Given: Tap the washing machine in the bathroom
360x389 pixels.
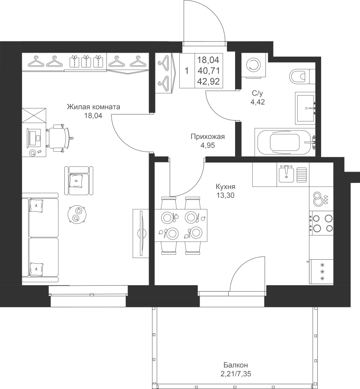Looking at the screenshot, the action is (253, 65).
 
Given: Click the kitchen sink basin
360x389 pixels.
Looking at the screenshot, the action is (286, 174).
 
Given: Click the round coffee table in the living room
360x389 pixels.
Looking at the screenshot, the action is (77, 214).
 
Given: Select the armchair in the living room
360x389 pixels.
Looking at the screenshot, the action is (79, 181).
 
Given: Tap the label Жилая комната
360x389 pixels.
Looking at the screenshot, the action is (93, 107).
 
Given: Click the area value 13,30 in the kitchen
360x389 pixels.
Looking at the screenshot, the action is (225, 195).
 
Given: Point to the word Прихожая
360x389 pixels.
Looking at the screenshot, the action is (208, 137).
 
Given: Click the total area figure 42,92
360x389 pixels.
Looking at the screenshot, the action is (209, 82).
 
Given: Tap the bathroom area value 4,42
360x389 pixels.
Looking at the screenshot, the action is (258, 102).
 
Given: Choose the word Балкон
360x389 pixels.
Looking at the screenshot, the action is (236, 365).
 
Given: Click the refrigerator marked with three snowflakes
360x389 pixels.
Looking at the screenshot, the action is (321, 271).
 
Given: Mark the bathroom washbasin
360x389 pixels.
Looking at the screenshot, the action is (305, 108).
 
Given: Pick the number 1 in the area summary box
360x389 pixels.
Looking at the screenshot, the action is (187, 71).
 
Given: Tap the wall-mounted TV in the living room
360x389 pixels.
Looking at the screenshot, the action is (141, 233).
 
